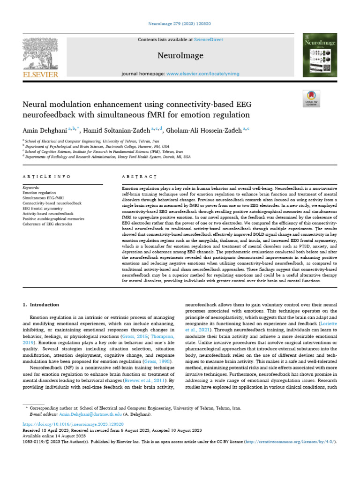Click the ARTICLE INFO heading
point(46,177)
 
